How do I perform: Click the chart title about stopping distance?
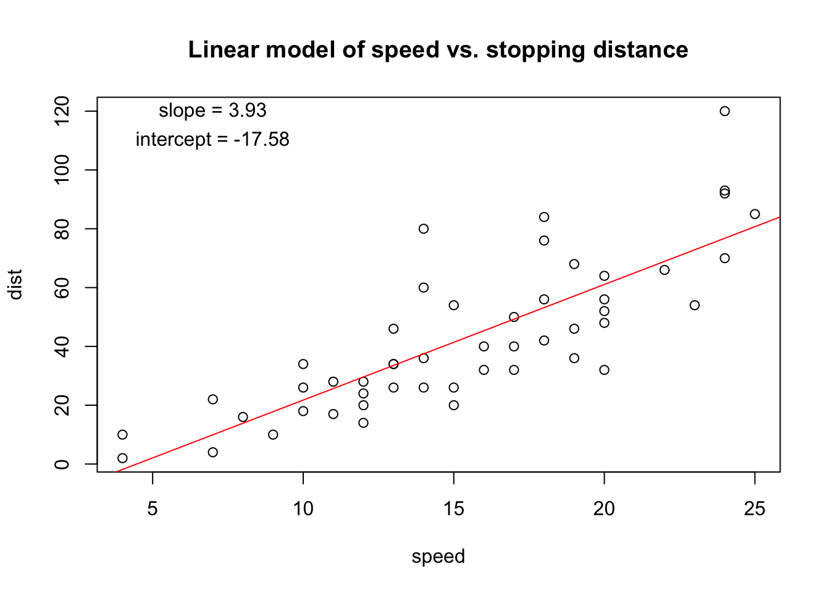pyautogui.click(x=438, y=50)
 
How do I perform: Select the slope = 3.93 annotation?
pyautogui.click(x=212, y=111)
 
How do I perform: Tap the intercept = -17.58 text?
pyautogui.click(x=212, y=140)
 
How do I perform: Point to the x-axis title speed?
pyautogui.click(x=438, y=557)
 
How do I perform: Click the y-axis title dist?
pyautogui.click(x=15, y=284)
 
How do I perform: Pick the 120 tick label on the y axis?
pyautogui.click(x=62, y=111)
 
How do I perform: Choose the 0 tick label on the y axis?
pyautogui.click(x=62, y=464)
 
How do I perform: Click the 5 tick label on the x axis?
pyautogui.click(x=153, y=509)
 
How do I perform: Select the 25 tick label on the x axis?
pyautogui.click(x=755, y=509)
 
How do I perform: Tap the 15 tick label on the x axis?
pyautogui.click(x=454, y=509)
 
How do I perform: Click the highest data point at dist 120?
pyautogui.click(x=724, y=111)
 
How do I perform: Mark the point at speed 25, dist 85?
pyautogui.click(x=755, y=214)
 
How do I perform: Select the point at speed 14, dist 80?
pyautogui.click(x=424, y=229)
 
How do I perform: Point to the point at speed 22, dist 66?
pyautogui.click(x=664, y=270)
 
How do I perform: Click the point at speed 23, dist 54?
pyautogui.click(x=695, y=305)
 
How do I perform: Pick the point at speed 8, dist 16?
pyautogui.click(x=243, y=417)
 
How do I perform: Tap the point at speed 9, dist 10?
pyautogui.click(x=273, y=435)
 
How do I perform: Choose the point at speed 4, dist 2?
pyautogui.click(x=122, y=458)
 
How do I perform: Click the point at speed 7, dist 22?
pyautogui.click(x=213, y=400)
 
